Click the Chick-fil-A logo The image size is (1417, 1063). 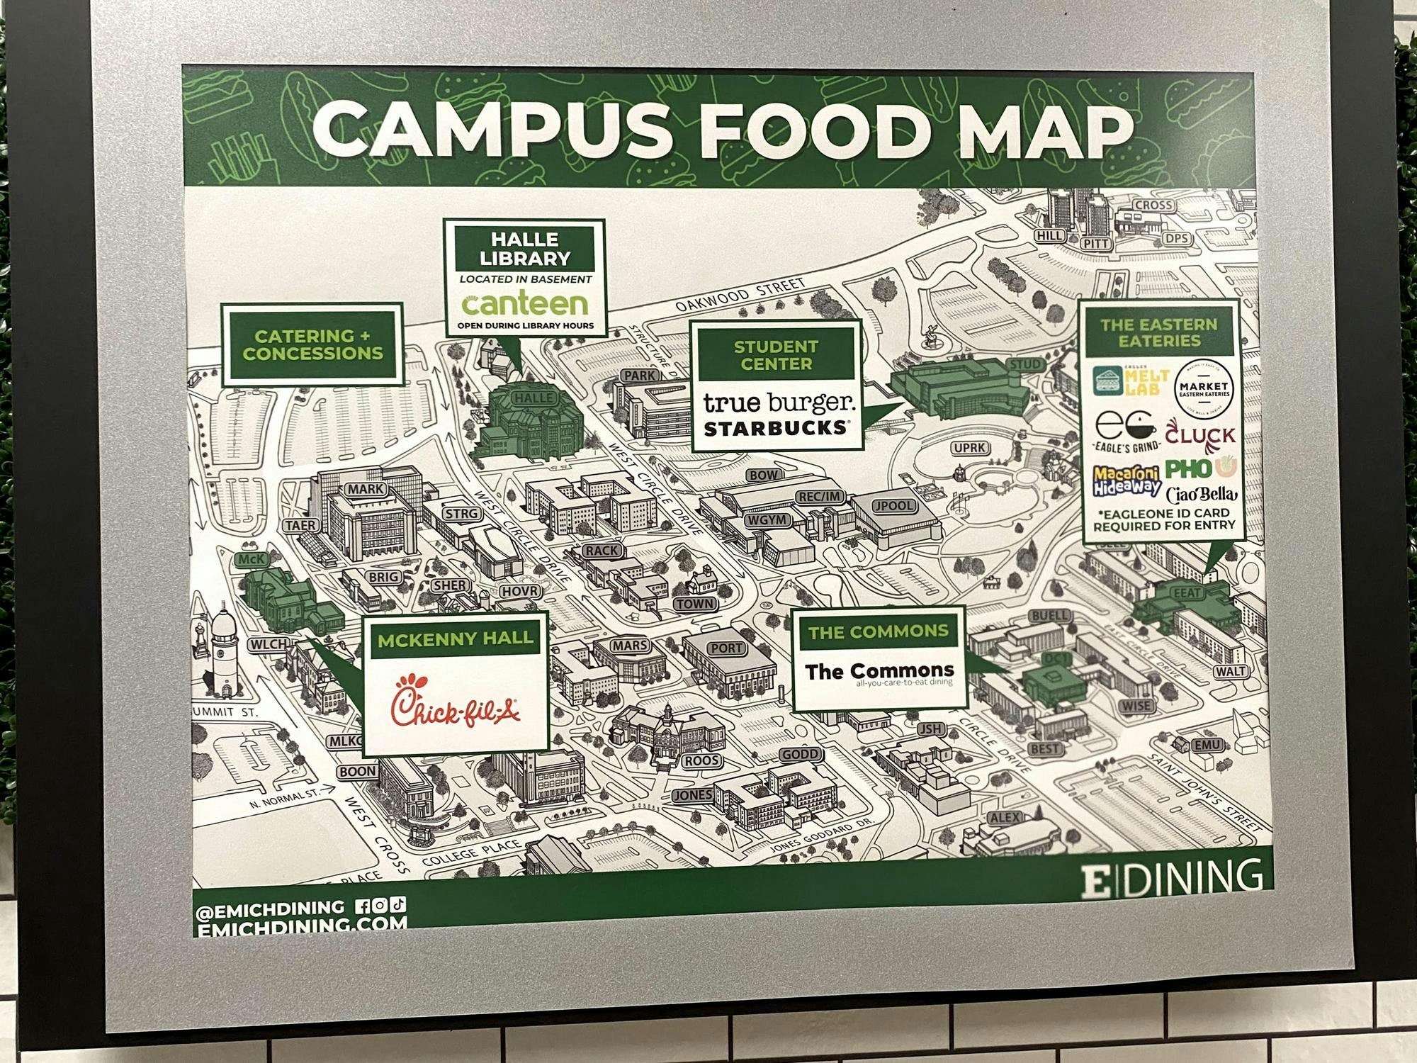pyautogui.click(x=456, y=702)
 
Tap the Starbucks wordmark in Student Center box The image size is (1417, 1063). pyautogui.click(x=775, y=428)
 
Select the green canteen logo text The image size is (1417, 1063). pyautogui.click(x=524, y=303)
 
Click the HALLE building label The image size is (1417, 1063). pyautogui.click(x=533, y=398)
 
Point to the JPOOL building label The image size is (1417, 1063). pyautogui.click(x=895, y=506)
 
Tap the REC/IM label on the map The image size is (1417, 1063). pyautogui.click(x=820, y=497)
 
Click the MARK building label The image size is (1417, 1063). pyautogui.click(x=366, y=489)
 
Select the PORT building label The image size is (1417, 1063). pyautogui.click(x=727, y=648)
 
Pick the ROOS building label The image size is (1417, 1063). pyautogui.click(x=702, y=761)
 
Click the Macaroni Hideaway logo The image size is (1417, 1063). pyautogui.click(x=1127, y=480)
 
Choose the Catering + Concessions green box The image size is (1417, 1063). pyautogui.click(x=312, y=345)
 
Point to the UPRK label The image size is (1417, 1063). pyautogui.click(x=970, y=448)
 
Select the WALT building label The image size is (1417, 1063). pyautogui.click(x=1231, y=671)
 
